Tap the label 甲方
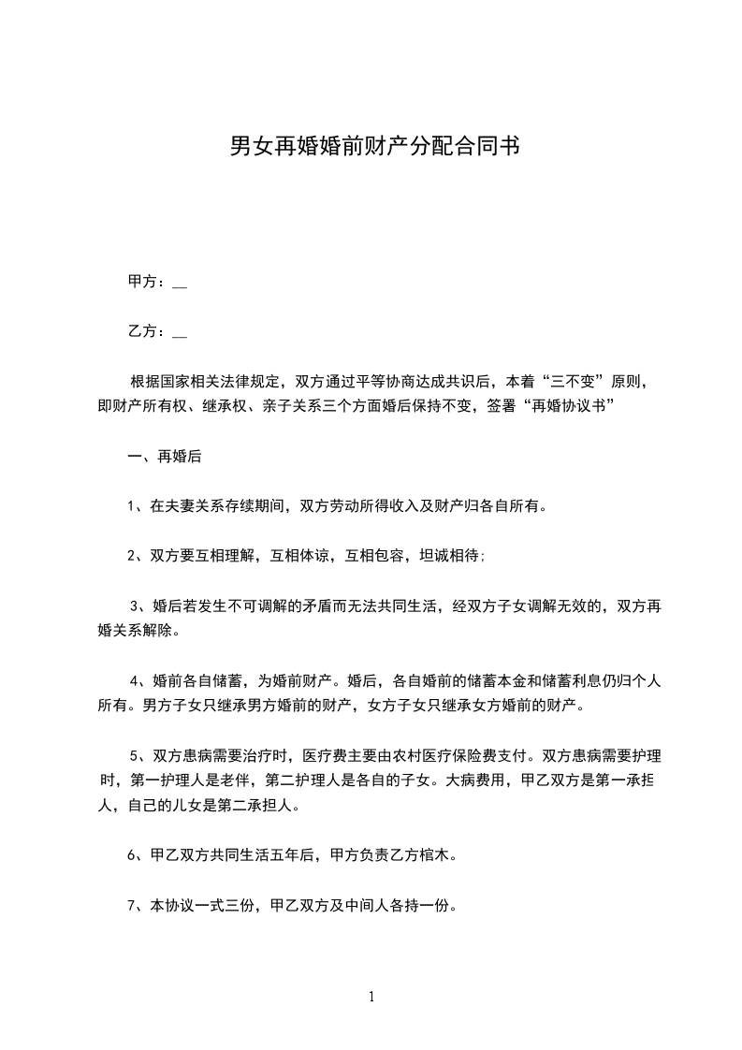(141, 281)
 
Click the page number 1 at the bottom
(371, 997)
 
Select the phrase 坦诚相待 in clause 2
(452, 555)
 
